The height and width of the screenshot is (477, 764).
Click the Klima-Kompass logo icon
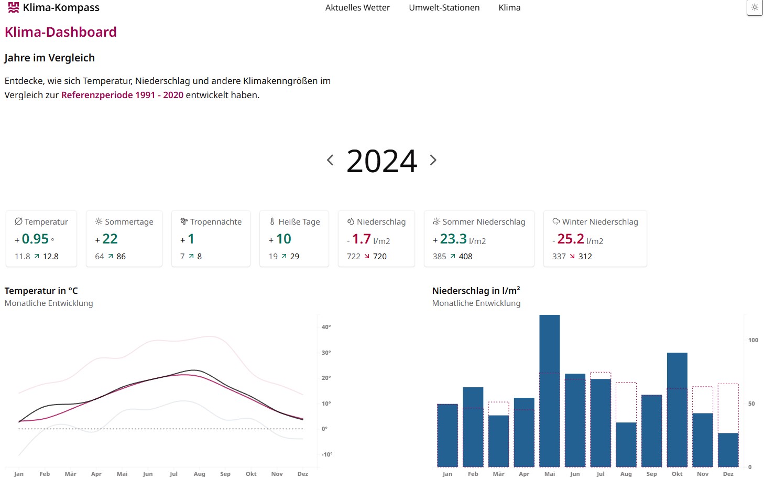(x=14, y=7)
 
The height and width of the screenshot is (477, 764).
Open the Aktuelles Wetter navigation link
(x=357, y=8)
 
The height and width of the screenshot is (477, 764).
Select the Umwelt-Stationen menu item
(x=444, y=8)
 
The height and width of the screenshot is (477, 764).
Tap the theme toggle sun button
(x=755, y=7)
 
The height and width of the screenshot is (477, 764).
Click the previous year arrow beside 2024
(x=330, y=160)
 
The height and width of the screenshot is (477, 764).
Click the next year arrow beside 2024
(x=433, y=160)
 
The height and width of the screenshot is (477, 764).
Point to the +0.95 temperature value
(x=35, y=239)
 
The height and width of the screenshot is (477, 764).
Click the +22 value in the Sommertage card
(x=110, y=239)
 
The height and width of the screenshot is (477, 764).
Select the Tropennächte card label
(x=215, y=222)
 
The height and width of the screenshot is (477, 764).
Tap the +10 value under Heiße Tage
(x=283, y=239)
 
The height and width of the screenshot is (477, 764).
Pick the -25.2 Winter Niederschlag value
(x=570, y=239)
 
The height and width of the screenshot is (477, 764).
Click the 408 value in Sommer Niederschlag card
(x=465, y=257)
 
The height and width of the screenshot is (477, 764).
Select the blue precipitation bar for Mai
(x=549, y=390)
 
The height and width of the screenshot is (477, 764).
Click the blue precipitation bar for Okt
(x=677, y=409)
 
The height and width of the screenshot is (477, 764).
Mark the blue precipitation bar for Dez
(x=728, y=450)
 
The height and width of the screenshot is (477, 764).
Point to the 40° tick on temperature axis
(x=326, y=327)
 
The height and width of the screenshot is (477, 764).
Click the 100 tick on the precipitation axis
(x=753, y=340)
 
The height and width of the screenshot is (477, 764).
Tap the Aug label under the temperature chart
(x=199, y=474)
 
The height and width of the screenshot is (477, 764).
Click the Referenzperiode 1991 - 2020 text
(x=122, y=95)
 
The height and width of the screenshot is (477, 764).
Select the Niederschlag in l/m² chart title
(x=476, y=291)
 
